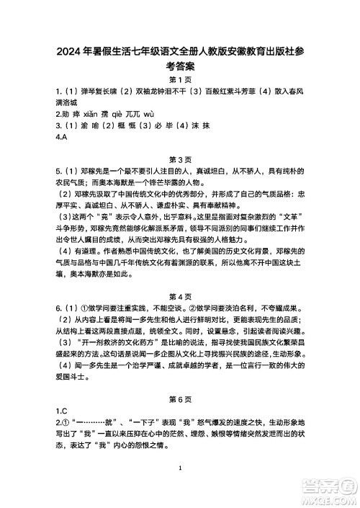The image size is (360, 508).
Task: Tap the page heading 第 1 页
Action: [x=179, y=80]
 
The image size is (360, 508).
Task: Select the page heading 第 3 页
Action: [x=179, y=159]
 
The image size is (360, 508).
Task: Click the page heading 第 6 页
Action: [x=179, y=398]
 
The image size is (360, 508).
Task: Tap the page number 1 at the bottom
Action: [x=180, y=469]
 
